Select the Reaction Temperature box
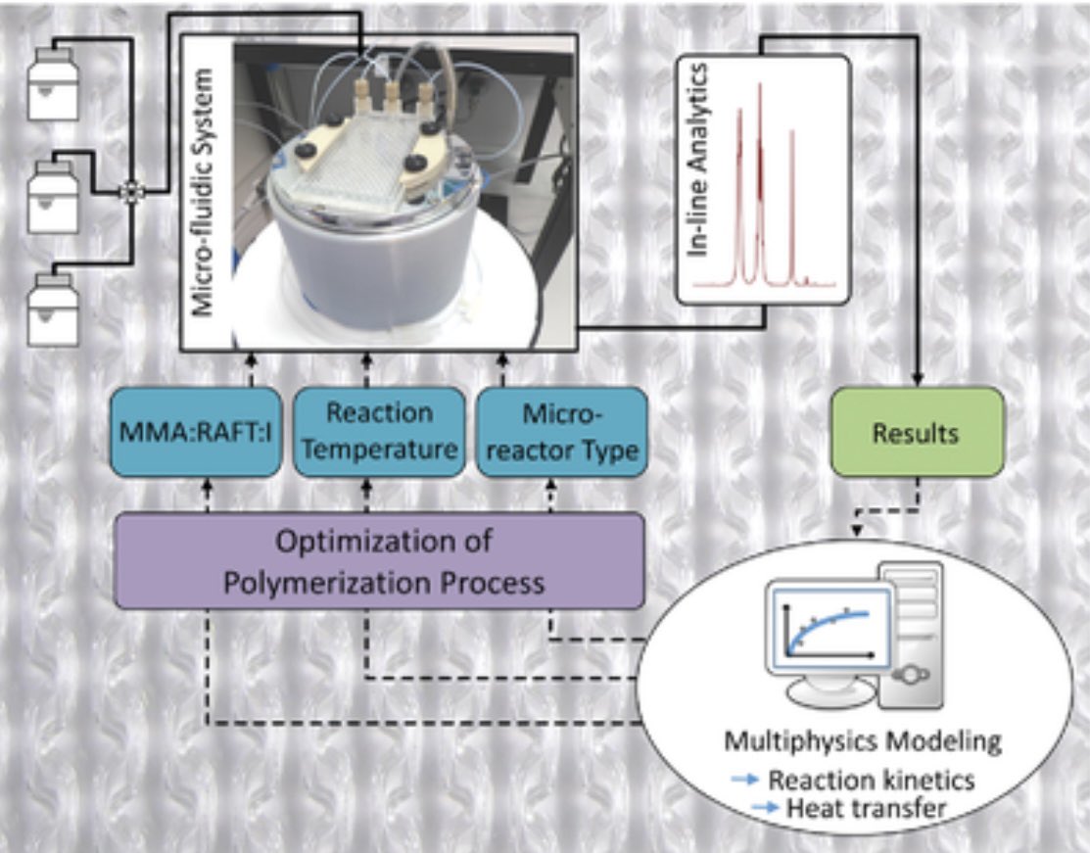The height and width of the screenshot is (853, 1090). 378,431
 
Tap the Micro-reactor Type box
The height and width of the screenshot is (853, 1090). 561,432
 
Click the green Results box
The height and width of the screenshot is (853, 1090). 918,432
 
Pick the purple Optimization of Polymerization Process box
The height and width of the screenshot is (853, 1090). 380,562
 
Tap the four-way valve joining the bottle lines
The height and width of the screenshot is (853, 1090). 127,192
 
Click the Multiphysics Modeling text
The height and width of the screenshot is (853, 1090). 862,741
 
